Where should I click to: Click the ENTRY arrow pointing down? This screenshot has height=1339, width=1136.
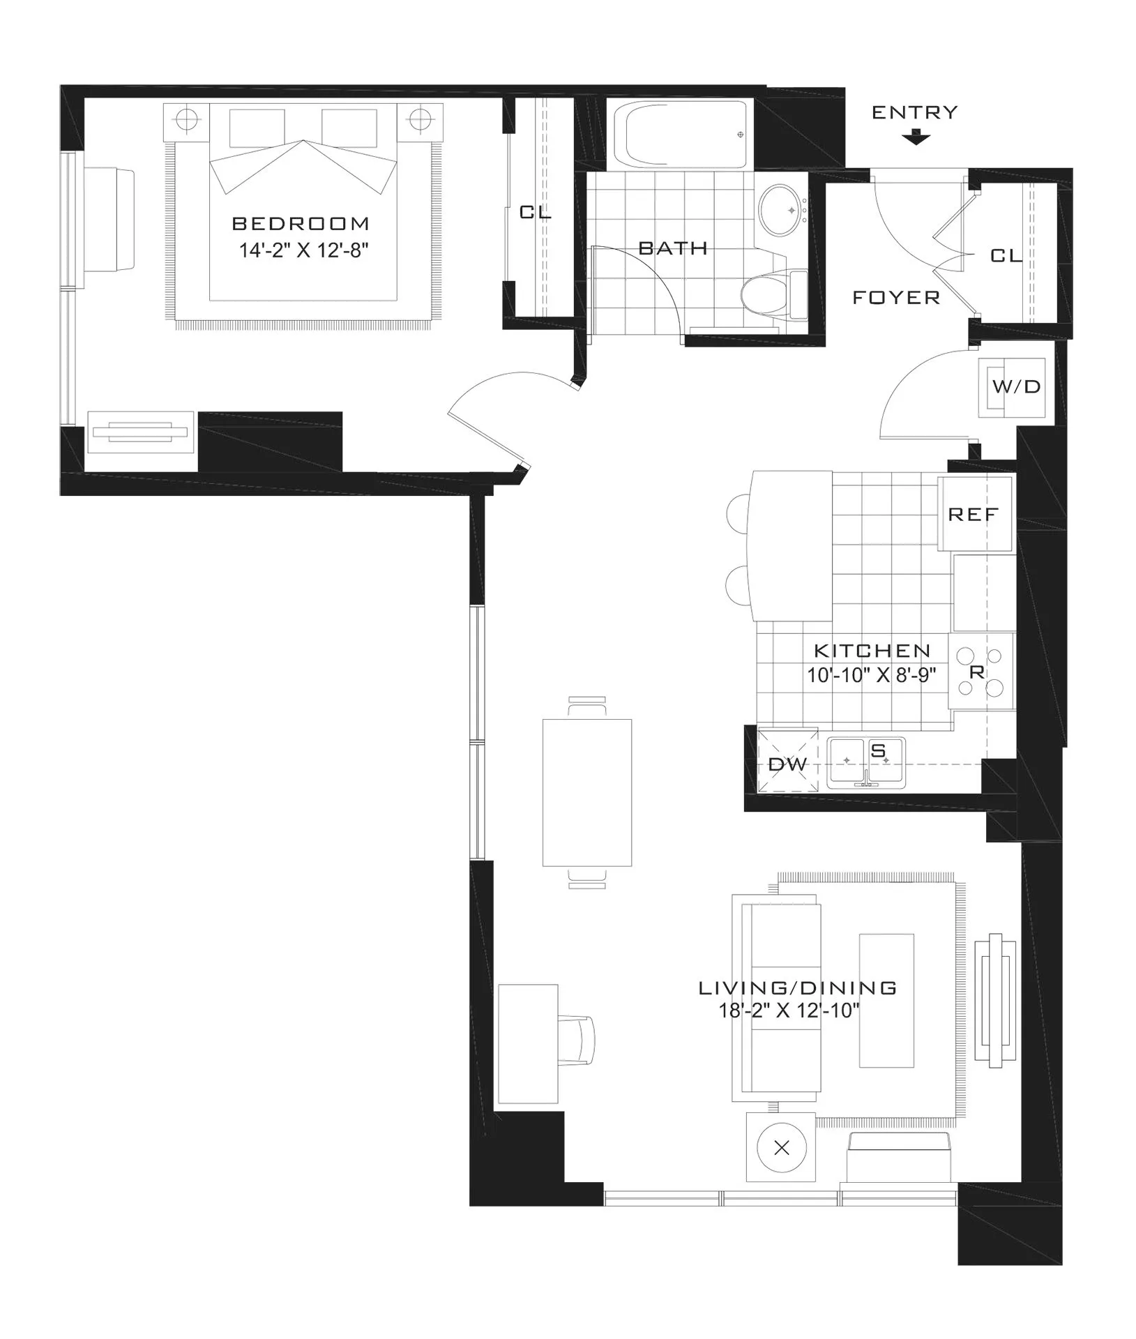coord(916,138)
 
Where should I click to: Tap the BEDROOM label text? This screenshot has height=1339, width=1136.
coord(301,224)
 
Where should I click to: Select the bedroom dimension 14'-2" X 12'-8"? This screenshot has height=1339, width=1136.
coord(303,250)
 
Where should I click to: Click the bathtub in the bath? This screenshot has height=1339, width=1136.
coord(678,134)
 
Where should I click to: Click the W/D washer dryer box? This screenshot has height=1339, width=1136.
coord(1016,387)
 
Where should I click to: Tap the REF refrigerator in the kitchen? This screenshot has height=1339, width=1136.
coord(974,515)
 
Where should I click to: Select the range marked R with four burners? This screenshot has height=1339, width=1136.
coord(980,672)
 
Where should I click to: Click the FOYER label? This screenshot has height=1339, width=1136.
coord(896,298)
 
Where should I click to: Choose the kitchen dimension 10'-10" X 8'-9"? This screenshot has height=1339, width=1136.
coord(872,675)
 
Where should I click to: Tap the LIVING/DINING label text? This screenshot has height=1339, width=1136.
coord(797,988)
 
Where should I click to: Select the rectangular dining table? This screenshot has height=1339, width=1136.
coord(587,792)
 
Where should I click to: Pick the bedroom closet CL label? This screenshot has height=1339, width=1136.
coord(535,212)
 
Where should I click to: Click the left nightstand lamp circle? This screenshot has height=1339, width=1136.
coord(186,119)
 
